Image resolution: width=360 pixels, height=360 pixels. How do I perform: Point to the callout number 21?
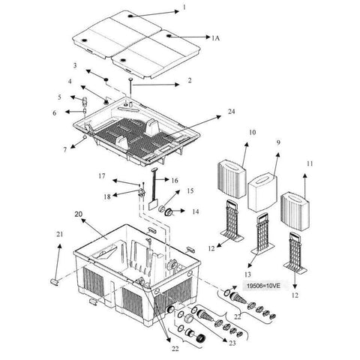[58, 235]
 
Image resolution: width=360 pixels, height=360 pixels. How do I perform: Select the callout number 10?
[252, 133]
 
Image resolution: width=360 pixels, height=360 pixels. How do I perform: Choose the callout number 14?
[196, 211]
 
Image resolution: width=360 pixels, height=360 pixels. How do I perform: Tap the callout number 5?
[61, 97]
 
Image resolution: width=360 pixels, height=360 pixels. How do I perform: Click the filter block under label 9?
[260, 190]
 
